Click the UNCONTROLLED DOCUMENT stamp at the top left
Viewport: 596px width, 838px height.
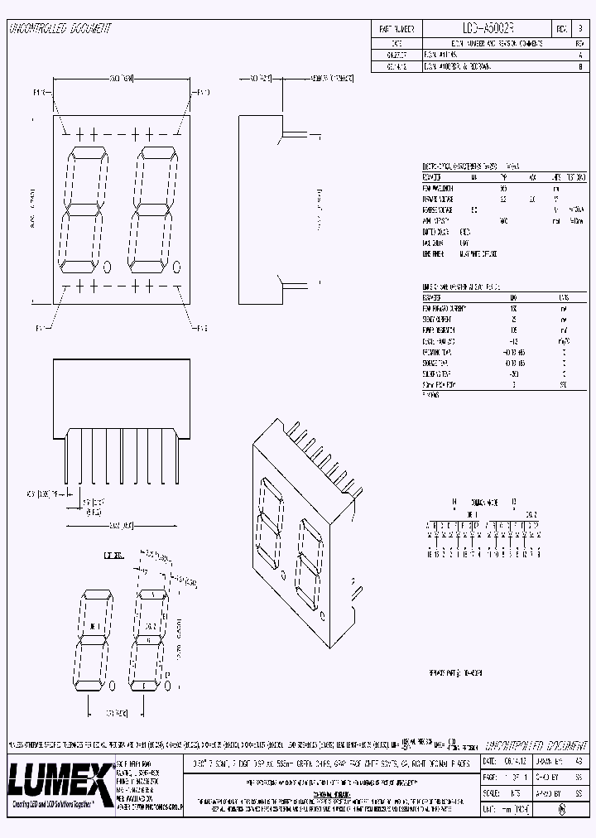(x=60, y=28)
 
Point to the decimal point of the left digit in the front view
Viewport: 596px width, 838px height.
(x=109, y=266)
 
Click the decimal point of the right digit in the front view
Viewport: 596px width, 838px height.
(x=178, y=266)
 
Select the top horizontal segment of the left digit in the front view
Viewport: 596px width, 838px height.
(x=86, y=150)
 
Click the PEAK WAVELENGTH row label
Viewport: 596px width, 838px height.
(x=439, y=188)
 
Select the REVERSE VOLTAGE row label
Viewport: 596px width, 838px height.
(x=439, y=209)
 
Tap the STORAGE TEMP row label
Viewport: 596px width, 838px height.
(x=439, y=363)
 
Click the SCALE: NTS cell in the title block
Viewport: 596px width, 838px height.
(x=505, y=792)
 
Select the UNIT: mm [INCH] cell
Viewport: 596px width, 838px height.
(x=505, y=807)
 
